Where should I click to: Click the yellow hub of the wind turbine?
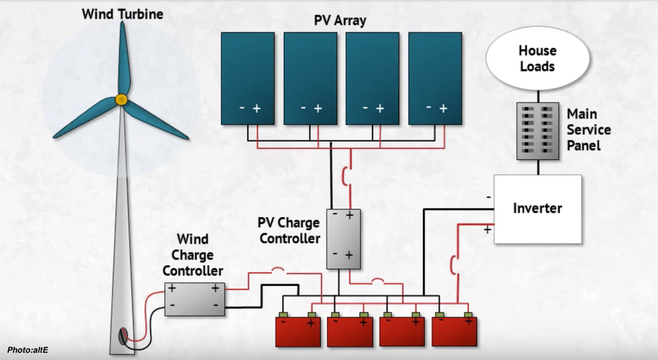pyautogui.click(x=121, y=99)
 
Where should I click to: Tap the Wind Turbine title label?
pyautogui.click(x=122, y=14)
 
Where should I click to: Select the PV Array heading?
pyautogui.click(x=340, y=21)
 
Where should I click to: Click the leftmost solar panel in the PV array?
pyautogui.click(x=247, y=78)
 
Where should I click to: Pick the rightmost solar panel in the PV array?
pyautogui.click(x=435, y=78)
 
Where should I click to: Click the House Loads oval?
pyautogui.click(x=537, y=58)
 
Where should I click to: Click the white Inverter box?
pyautogui.click(x=537, y=209)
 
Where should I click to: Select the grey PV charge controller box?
pyautogui.click(x=343, y=239)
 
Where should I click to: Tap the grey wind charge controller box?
pyautogui.click(x=194, y=299)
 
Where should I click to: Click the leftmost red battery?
pyautogui.click(x=298, y=331)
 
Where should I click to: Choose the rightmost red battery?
pyautogui.click(x=454, y=331)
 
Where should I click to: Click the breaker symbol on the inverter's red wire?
pyautogui.click(x=454, y=265)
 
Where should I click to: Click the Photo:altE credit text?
pyautogui.click(x=28, y=350)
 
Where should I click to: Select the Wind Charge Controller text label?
pyautogui.click(x=193, y=255)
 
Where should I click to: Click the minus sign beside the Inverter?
pyautogui.click(x=488, y=197)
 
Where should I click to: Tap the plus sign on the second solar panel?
pyautogui.click(x=318, y=109)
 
